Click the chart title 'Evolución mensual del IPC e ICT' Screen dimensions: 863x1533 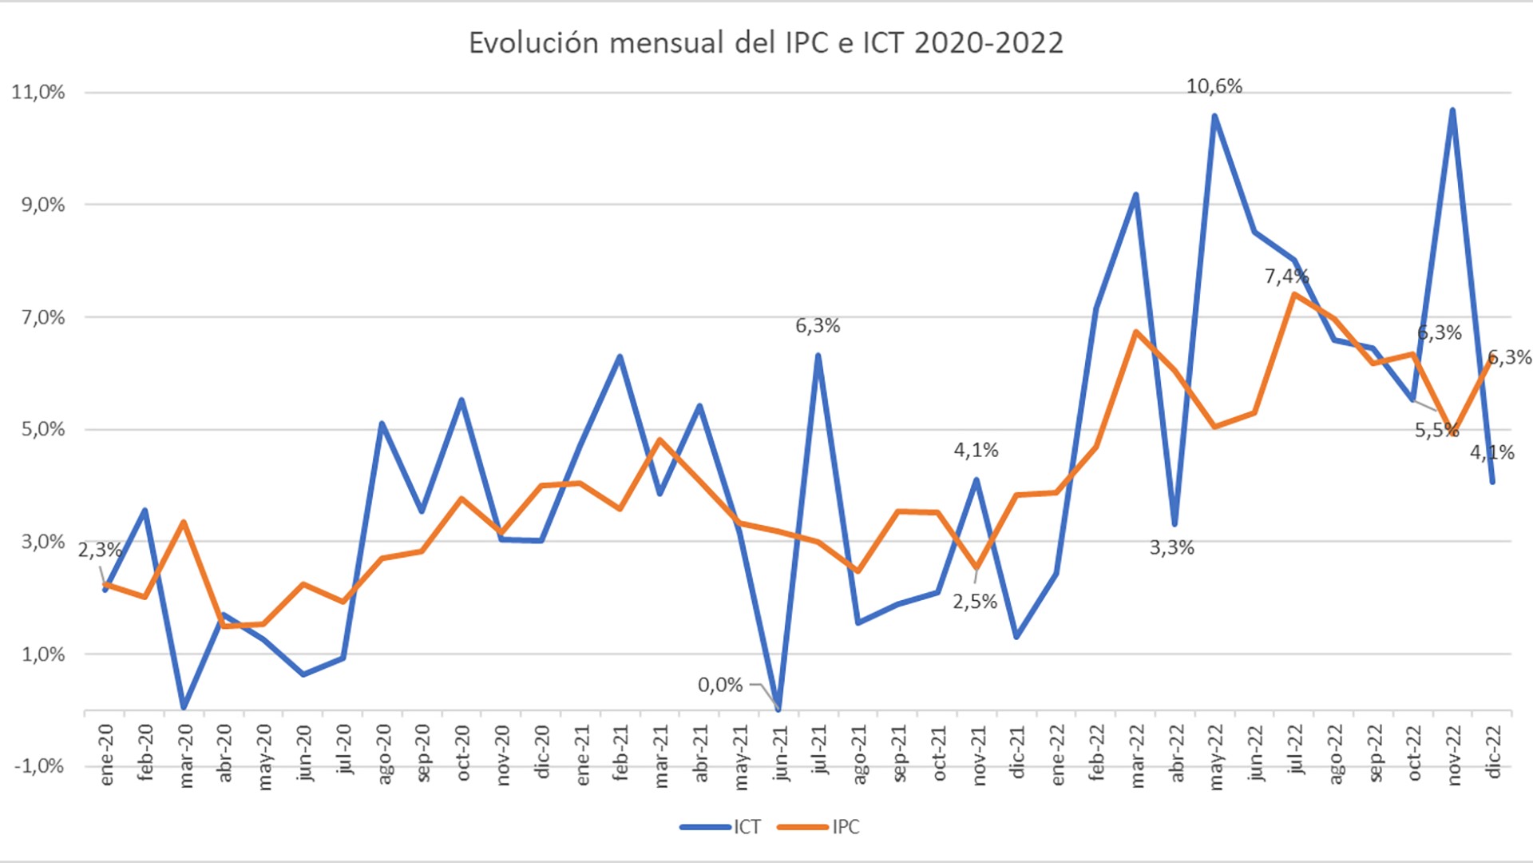(766, 43)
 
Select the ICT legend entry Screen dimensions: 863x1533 (722, 827)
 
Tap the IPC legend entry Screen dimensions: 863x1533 (819, 827)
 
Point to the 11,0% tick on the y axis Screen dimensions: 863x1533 (38, 92)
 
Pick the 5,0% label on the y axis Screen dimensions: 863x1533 (42, 429)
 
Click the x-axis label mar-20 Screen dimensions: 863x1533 (185, 755)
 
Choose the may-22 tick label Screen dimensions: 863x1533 (1215, 757)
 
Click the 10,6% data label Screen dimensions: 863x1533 (1214, 86)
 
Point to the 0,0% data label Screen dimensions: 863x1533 (720, 685)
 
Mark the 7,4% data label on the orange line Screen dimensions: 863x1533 (1286, 276)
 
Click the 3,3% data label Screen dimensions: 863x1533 (1171, 547)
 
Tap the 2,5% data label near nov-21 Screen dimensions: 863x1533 (975, 602)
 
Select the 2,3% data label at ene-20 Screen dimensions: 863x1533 (100, 550)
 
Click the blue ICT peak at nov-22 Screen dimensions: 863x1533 (1452, 110)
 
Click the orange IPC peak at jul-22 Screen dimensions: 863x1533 (1293, 294)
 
